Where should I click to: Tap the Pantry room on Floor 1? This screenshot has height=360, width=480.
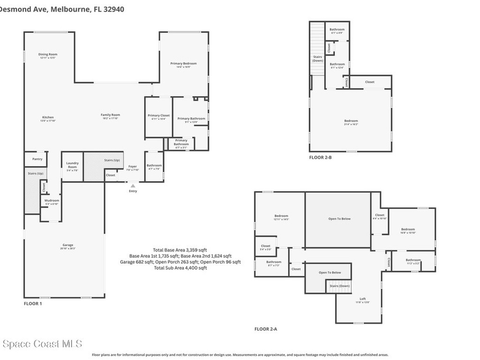[x=37, y=159]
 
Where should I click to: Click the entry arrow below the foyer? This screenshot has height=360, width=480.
[x=133, y=186]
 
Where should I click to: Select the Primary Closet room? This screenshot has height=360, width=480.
[x=158, y=117]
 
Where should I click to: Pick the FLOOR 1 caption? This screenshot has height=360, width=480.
[x=33, y=304]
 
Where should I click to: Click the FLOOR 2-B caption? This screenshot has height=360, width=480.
[x=320, y=157]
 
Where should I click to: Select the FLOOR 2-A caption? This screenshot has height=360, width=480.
[x=266, y=329]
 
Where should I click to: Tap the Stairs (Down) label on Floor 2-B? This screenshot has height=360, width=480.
[x=318, y=59]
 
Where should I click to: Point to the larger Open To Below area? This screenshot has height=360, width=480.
[x=339, y=219]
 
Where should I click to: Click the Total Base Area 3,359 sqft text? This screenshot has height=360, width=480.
[x=180, y=250]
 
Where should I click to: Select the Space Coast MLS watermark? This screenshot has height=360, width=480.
[x=42, y=345]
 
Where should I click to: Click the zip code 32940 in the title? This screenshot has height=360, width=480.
[x=114, y=9]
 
